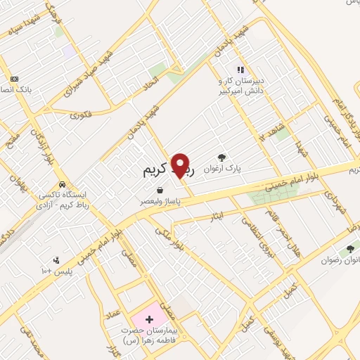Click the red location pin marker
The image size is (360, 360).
point(181,165)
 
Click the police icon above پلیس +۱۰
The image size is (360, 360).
point(67,259)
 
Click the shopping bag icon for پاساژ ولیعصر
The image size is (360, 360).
point(161,190)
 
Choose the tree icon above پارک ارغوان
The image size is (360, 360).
point(222,157)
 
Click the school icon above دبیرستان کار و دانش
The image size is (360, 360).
point(240,70)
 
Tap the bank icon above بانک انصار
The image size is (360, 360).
point(15,78)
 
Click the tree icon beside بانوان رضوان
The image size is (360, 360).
point(349,248)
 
